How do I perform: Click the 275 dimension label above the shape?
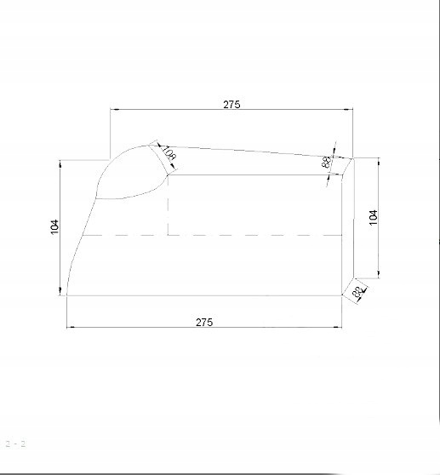[x=231, y=104]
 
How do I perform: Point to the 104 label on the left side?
[x=55, y=226]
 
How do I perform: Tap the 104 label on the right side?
[x=373, y=216]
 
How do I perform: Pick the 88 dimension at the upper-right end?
[x=326, y=162]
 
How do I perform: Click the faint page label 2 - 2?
[x=16, y=444]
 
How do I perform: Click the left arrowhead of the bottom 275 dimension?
[x=71, y=327]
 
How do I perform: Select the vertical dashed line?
[x=169, y=204]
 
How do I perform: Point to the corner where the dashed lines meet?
[x=169, y=234]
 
